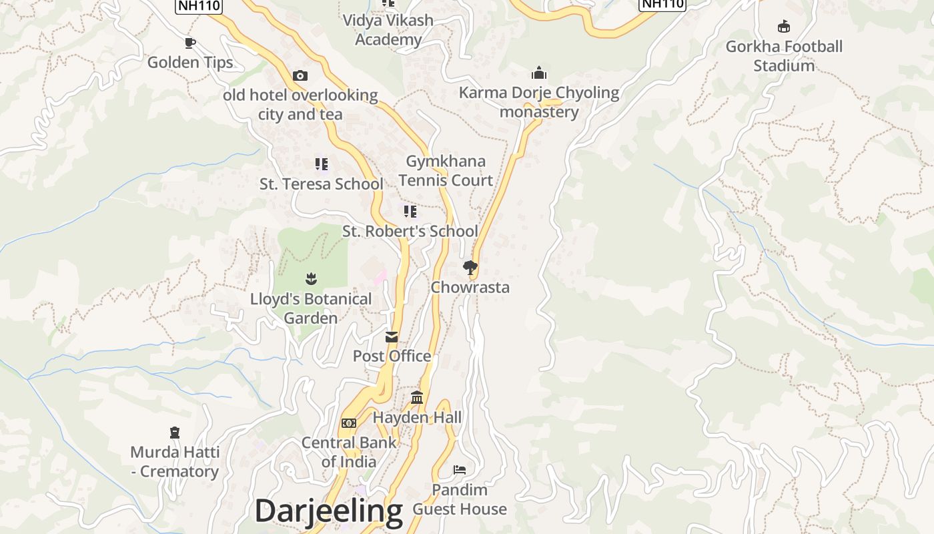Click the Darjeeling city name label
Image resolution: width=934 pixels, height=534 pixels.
(328, 511)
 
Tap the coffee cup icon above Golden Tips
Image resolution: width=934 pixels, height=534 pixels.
(190, 43)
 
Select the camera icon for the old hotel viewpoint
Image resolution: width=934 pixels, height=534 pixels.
(300, 75)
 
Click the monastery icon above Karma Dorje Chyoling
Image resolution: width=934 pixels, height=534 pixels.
(539, 73)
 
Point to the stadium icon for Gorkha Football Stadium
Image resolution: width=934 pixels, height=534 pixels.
(784, 27)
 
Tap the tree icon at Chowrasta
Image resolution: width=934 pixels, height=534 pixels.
(470, 268)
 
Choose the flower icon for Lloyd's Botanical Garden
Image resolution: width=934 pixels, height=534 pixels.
(311, 278)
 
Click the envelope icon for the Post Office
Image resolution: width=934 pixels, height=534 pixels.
(392, 337)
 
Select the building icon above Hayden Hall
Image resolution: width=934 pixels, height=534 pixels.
(417, 398)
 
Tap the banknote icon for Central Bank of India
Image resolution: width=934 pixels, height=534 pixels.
(348, 423)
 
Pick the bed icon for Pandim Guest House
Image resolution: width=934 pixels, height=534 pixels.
(460, 470)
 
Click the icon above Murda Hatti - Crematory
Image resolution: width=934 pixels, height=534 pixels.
(175, 433)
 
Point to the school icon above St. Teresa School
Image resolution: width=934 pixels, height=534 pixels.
(322, 164)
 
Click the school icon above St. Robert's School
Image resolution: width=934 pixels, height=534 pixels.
(410, 212)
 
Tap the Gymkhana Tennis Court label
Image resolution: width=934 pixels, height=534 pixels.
(446, 171)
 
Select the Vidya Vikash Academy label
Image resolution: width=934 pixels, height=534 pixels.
(388, 30)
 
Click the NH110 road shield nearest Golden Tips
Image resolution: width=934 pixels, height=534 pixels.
(199, 5)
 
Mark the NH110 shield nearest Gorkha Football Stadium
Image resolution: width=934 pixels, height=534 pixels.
(662, 4)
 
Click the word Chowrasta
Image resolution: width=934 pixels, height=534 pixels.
(470, 288)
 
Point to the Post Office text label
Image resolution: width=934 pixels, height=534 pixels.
(392, 356)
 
